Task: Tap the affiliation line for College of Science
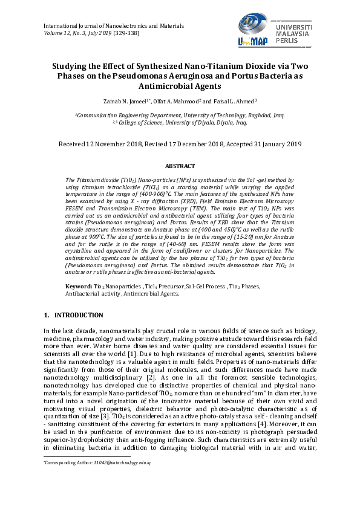tap(180, 122)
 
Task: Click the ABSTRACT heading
tap(180, 166)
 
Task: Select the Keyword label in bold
tap(78, 285)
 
